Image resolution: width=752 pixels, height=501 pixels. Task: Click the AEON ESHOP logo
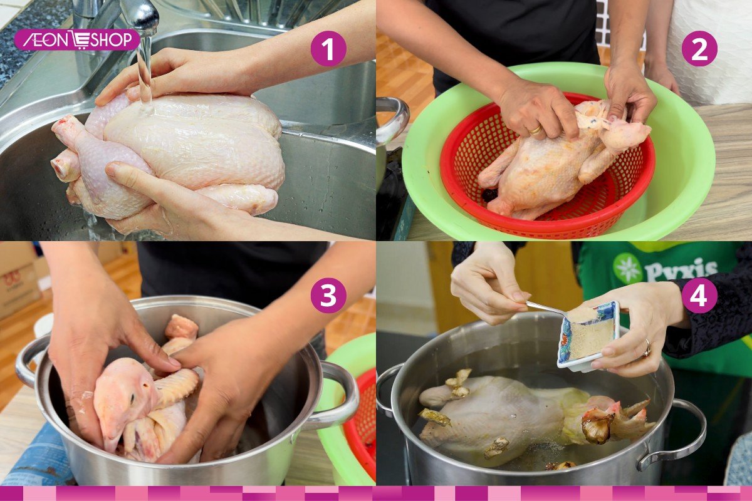click(77, 39)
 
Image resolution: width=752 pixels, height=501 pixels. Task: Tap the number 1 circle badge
click(328, 48)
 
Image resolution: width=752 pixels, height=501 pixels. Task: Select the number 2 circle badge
click(699, 48)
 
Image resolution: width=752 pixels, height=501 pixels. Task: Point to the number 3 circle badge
click(328, 295)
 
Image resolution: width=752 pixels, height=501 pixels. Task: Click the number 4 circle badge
click(699, 295)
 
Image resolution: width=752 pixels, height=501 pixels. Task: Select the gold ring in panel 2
click(536, 130)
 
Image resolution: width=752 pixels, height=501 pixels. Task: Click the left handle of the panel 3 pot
click(28, 363)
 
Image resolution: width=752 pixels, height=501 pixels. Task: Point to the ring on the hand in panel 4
click(645, 349)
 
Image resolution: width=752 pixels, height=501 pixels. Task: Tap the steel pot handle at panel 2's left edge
click(395, 119)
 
